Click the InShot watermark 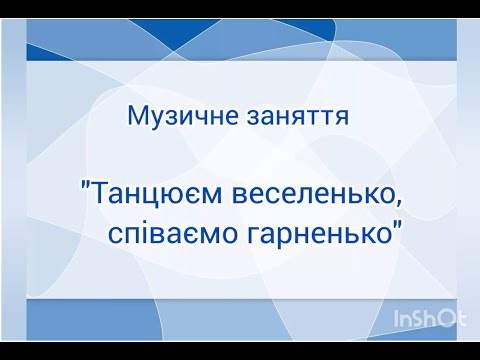pos(429,319)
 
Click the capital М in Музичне pos(137,115)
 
